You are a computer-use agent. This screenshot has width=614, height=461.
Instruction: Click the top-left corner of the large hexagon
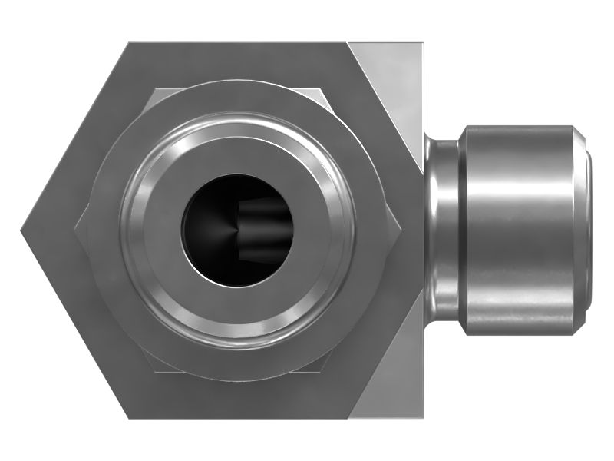click(127, 42)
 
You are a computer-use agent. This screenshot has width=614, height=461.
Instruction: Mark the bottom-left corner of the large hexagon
click(127, 418)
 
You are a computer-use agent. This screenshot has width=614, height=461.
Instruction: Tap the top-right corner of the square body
click(423, 42)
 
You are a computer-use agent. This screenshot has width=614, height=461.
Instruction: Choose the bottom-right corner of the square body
click(423, 418)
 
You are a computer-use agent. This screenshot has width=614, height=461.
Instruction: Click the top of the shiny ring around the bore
click(238, 121)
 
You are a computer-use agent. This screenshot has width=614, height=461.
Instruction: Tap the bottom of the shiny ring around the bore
click(238, 338)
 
